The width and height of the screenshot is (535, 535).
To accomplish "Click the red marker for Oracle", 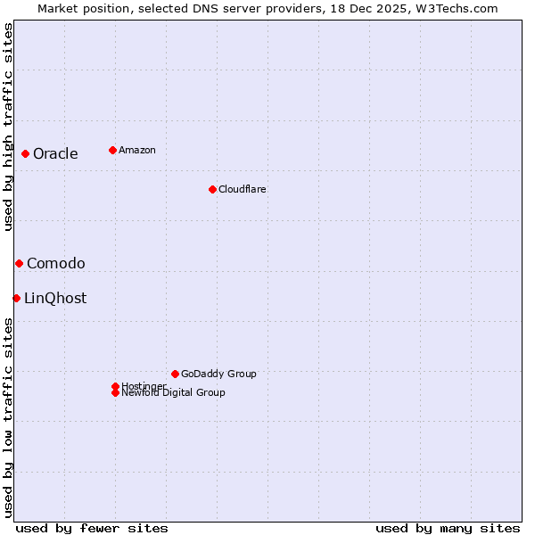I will (x=26, y=153).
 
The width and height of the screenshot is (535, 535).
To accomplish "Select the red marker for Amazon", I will (x=112, y=150).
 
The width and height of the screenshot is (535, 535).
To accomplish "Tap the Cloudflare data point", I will (x=212, y=189).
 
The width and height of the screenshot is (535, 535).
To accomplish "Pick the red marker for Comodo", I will (x=19, y=263).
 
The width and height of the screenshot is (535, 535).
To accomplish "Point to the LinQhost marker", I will (x=16, y=298).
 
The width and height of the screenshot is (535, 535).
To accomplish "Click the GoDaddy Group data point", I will (x=175, y=374).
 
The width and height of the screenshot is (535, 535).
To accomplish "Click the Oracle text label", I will (x=55, y=153).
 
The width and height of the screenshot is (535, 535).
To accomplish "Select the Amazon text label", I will (x=137, y=150).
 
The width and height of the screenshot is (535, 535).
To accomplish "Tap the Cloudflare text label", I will (x=243, y=189).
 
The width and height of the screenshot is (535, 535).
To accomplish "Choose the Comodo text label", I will (x=56, y=263).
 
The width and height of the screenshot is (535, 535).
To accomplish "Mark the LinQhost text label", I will (x=55, y=298).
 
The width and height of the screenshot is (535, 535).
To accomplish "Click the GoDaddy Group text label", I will (x=218, y=374).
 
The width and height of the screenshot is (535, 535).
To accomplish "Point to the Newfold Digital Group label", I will (x=173, y=392).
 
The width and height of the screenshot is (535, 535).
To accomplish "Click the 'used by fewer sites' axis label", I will (x=92, y=528).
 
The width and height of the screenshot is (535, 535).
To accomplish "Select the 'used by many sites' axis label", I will (x=448, y=528).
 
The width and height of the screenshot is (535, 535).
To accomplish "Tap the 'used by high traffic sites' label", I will (x=8, y=127).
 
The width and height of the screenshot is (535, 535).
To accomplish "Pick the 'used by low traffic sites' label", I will (x=8, y=417).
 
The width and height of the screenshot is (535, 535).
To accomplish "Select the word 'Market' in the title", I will (x=56, y=8).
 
